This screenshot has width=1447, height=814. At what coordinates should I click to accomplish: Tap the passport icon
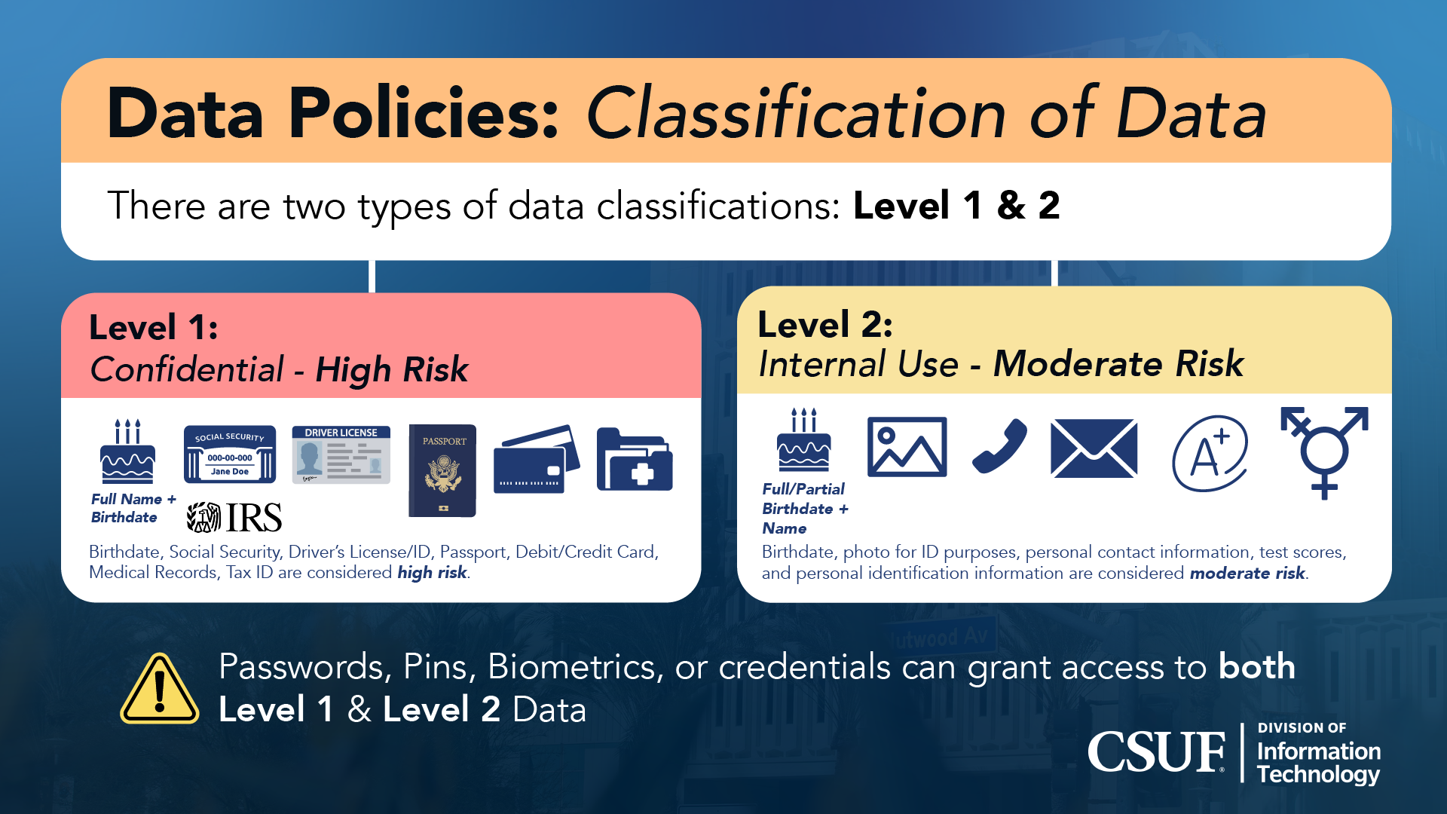[x=442, y=470]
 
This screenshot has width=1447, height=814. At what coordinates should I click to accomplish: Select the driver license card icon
[x=341, y=454]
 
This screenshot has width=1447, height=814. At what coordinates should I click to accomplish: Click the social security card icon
[x=230, y=454]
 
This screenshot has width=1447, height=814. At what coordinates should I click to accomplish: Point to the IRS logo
[x=234, y=518]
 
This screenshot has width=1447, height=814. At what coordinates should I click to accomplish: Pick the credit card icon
[x=537, y=461]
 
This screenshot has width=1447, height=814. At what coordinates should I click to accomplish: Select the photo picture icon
[x=907, y=447]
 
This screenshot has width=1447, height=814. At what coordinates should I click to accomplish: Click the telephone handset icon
[x=999, y=447]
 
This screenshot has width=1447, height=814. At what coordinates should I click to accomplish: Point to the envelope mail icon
[x=1094, y=448]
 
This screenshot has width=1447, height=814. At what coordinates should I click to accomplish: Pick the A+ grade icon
[x=1210, y=454]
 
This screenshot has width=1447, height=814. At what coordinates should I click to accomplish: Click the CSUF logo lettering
[x=1156, y=752]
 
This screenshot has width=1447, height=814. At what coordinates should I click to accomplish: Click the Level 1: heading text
[x=154, y=327]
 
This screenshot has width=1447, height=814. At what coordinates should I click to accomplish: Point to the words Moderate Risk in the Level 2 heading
[x=1118, y=364]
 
